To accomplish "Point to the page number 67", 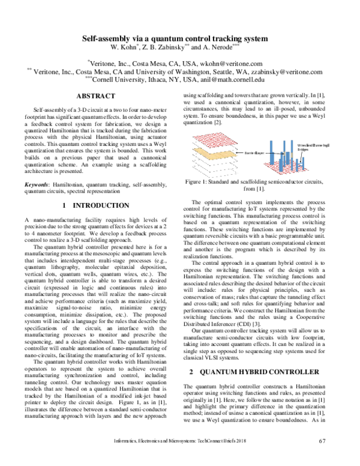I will coord(322,458).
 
